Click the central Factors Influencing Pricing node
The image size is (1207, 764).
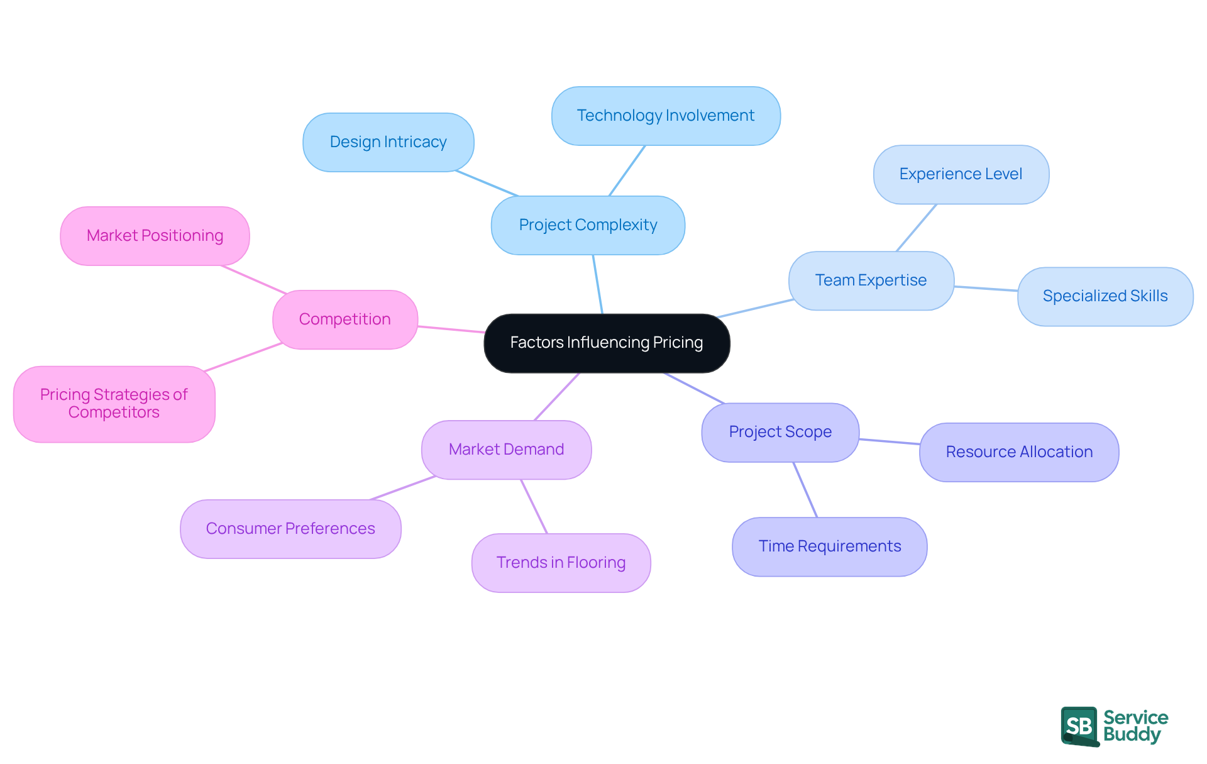click(x=607, y=343)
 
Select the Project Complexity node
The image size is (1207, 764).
click(x=588, y=225)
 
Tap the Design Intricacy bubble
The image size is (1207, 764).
click(x=388, y=142)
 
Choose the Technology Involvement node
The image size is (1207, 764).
click(x=666, y=116)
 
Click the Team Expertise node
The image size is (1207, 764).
click(x=871, y=280)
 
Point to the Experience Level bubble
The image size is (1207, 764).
click(x=961, y=174)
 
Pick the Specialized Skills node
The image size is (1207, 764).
click(x=1105, y=296)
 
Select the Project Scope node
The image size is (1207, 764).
click(x=780, y=432)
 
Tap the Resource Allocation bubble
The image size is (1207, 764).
click(x=1019, y=452)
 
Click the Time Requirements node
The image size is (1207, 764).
click(x=829, y=546)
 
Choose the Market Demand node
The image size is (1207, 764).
click(x=506, y=450)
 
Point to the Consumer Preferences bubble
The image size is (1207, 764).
click(x=290, y=529)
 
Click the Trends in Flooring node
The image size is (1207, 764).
click(x=561, y=563)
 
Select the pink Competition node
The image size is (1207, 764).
click(x=344, y=319)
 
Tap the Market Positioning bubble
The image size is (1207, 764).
click(x=155, y=236)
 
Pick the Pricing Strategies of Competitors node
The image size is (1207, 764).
click(x=114, y=404)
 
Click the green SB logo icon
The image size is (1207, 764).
click(x=1079, y=726)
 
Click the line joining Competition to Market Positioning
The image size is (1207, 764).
click(x=253, y=279)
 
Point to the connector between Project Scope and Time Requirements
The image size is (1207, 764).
click(x=805, y=490)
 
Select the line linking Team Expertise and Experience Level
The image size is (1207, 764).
click(x=916, y=228)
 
